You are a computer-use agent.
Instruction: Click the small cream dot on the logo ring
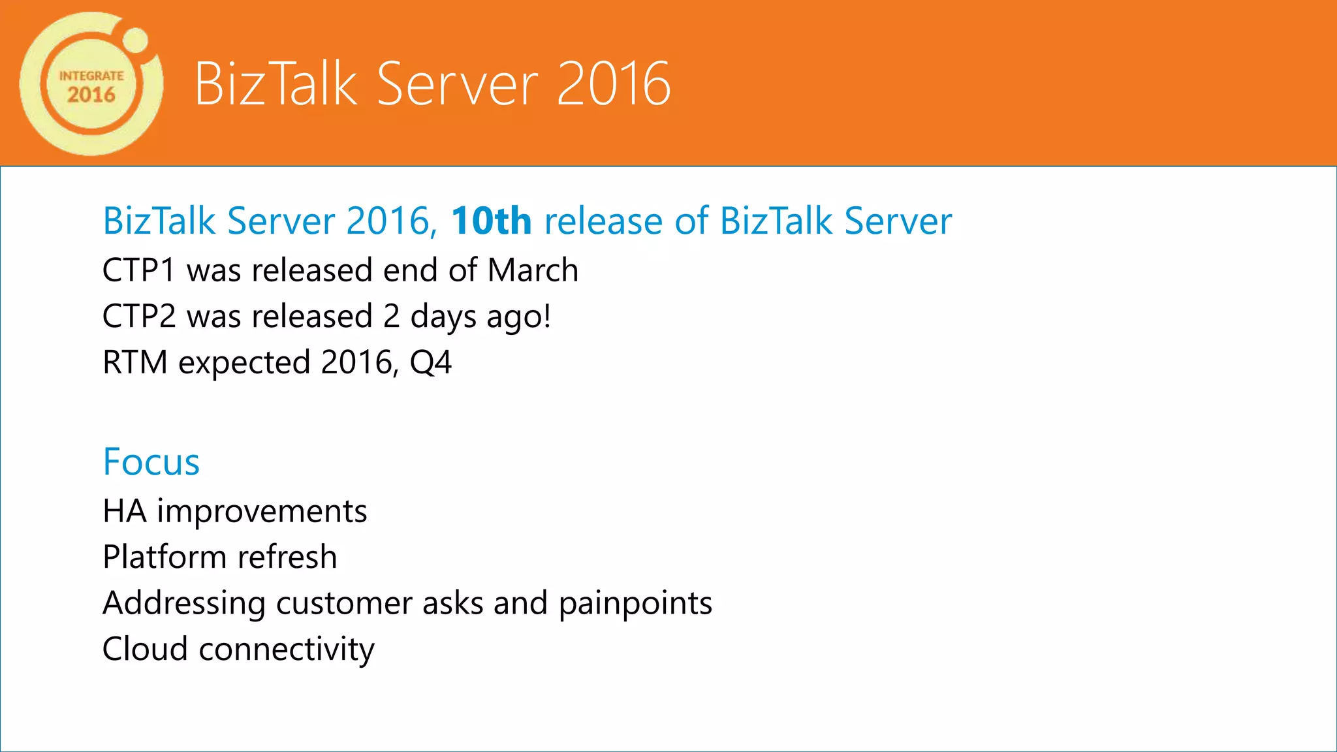click(135, 40)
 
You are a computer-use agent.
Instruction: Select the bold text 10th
click(491, 221)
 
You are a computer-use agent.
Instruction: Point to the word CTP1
click(139, 270)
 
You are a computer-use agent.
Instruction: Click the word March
click(533, 270)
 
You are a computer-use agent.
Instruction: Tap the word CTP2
click(139, 317)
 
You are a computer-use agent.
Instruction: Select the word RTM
click(135, 362)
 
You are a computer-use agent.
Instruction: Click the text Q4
click(430, 363)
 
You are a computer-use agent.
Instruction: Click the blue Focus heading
click(151, 462)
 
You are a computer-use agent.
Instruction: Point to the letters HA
click(124, 511)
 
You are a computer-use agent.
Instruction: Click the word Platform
click(165, 557)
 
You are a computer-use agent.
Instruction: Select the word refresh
click(287, 557)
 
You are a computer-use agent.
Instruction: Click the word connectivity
click(287, 650)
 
